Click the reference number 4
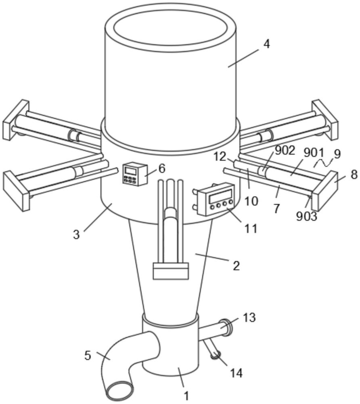coord(267,44)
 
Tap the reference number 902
coord(285,150)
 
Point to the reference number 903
coord(306,217)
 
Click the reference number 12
coord(220,156)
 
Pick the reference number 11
coord(251,228)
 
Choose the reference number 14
coord(236,372)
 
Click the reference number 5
coord(88,356)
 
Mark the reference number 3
coord(76,235)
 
